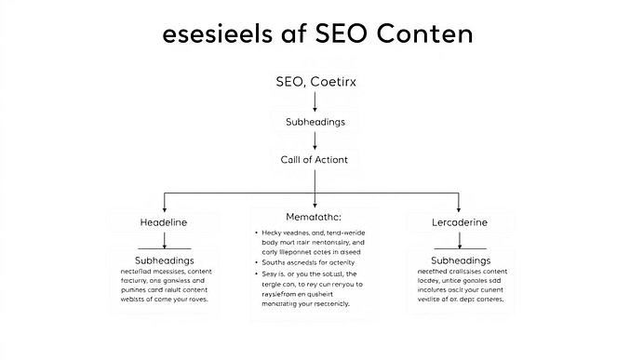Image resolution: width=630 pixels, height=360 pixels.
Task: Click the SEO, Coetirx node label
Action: (x=315, y=83)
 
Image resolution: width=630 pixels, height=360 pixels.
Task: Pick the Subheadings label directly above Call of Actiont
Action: (x=315, y=121)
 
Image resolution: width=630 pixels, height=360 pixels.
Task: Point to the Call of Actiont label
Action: (x=315, y=159)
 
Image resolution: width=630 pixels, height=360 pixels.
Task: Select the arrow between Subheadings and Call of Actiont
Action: (x=315, y=140)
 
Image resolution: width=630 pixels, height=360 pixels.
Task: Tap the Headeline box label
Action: (x=163, y=223)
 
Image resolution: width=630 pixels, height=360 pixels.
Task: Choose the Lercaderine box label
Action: (x=460, y=223)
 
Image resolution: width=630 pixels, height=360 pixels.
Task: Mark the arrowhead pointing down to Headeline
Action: (x=164, y=207)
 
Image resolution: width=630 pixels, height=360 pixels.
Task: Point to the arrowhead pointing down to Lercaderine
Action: (x=460, y=207)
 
